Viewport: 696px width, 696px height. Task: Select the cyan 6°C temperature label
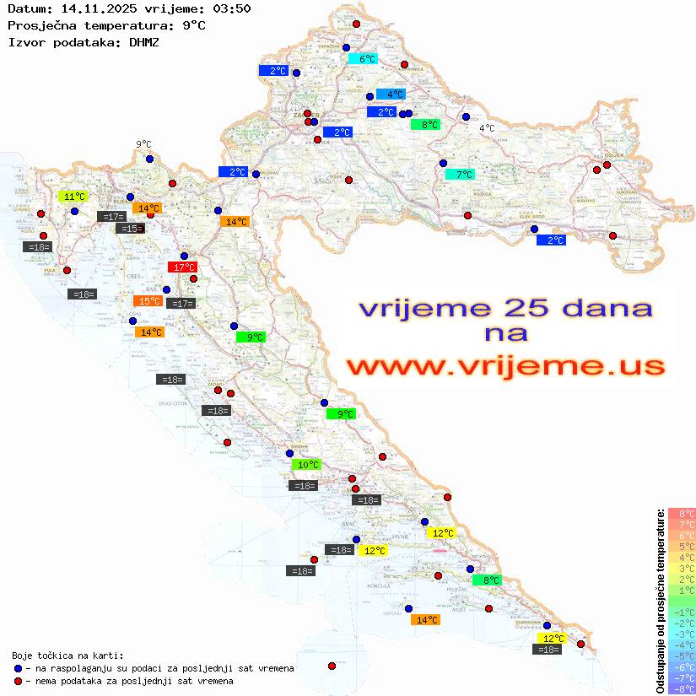[363, 59]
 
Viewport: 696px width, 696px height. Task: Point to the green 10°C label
[306, 465]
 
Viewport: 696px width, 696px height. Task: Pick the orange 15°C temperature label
[148, 301]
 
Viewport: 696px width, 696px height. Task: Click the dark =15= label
[130, 229]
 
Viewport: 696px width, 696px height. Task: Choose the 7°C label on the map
[460, 175]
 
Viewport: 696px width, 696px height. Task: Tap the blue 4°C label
[391, 94]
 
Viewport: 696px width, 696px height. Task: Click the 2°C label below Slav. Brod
[551, 240]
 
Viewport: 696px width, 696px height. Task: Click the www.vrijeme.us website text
[504, 367]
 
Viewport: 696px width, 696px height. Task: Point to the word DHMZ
[144, 41]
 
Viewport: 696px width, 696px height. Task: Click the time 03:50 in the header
[232, 8]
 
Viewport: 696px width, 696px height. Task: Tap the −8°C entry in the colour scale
[682, 688]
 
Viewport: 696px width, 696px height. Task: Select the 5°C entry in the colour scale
[682, 547]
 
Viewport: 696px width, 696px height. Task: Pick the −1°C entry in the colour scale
[682, 612]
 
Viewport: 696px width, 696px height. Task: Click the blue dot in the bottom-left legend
[18, 668]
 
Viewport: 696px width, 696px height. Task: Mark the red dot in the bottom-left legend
[18, 681]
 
